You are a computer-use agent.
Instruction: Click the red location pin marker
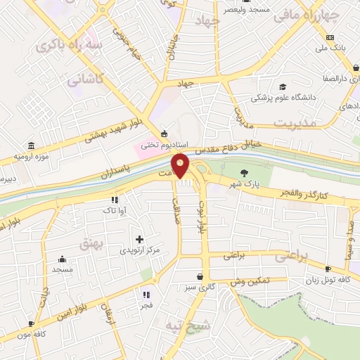[181, 166]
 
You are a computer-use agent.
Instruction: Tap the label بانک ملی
[331, 48]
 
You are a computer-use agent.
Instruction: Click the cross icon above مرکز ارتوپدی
[139, 239]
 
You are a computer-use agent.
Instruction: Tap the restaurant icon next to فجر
[147, 294]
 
